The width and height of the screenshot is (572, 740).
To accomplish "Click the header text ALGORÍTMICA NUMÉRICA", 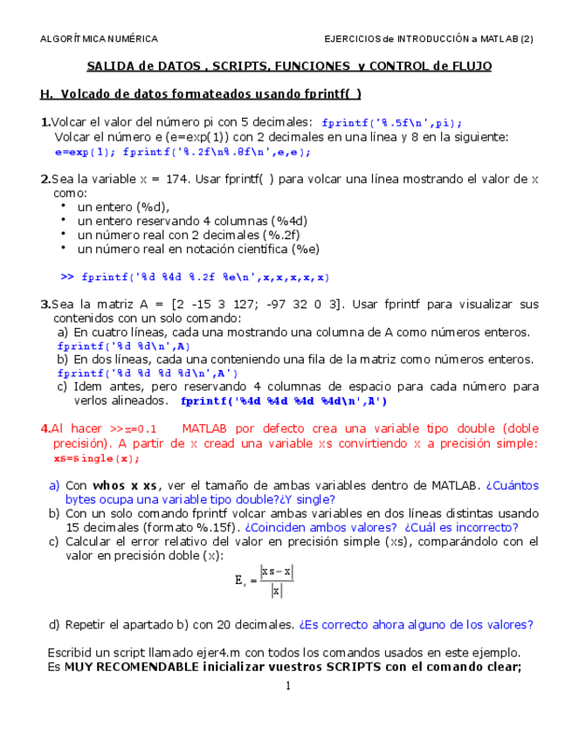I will pyautogui.click(x=99, y=39).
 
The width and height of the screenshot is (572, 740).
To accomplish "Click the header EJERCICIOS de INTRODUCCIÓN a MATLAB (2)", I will pyautogui.click(x=428, y=39).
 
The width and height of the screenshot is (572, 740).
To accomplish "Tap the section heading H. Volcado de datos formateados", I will pyautogui.click(x=200, y=94).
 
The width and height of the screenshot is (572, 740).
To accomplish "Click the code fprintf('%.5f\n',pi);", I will pyautogui.click(x=392, y=123).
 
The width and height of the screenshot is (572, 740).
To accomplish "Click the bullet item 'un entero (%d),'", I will pyautogui.click(x=123, y=207).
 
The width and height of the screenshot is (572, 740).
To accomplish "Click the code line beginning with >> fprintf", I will pyautogui.click(x=195, y=277).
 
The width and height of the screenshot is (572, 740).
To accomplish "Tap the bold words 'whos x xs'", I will pyautogui.click(x=125, y=486).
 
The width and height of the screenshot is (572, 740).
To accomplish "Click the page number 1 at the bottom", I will pyautogui.click(x=286, y=686).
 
